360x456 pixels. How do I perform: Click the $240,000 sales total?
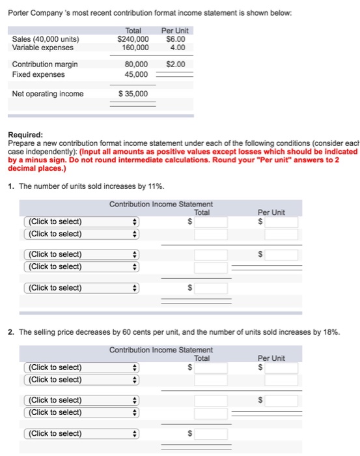click(133, 38)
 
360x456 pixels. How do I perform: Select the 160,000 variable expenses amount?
click(135, 47)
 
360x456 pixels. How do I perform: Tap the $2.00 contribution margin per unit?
click(175, 64)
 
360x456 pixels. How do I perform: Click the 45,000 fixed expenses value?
click(137, 74)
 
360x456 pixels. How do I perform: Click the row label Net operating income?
click(48, 94)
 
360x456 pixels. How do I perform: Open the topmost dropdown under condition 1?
click(81, 221)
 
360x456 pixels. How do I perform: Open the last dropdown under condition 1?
click(81, 288)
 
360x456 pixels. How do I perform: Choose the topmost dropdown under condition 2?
click(81, 367)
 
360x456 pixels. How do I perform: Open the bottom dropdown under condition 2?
click(81, 434)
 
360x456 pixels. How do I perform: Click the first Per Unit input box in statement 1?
click(281, 221)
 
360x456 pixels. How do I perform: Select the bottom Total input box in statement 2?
click(211, 434)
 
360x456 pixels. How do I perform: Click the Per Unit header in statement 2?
click(271, 358)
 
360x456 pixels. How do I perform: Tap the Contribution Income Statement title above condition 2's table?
click(161, 350)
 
